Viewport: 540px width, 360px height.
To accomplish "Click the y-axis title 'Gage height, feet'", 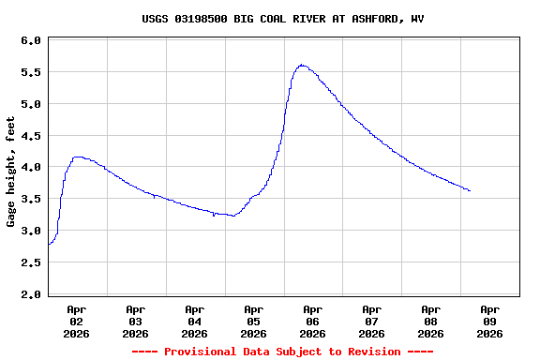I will click(11, 172).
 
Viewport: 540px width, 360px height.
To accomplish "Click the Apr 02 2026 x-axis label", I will click(77, 321).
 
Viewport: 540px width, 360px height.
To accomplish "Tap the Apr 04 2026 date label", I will click(195, 321).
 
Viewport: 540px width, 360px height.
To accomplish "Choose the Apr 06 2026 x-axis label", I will click(312, 321).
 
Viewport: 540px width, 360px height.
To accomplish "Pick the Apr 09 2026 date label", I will click(489, 321).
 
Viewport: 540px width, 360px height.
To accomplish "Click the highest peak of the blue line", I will click(301, 65).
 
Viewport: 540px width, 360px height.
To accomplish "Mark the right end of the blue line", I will click(470, 190).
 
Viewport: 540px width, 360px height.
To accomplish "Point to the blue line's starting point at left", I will click(49, 244).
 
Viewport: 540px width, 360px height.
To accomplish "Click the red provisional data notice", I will click(282, 352).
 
